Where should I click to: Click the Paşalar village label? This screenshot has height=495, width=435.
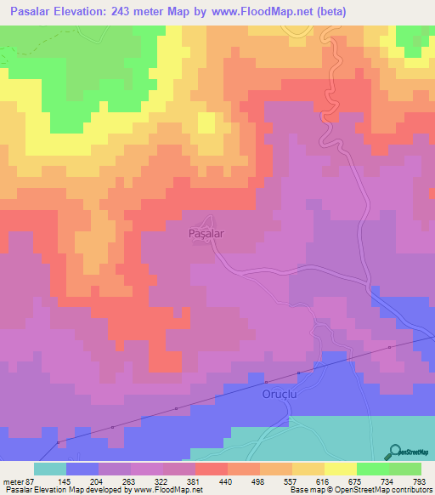pyautogui.click(x=206, y=230)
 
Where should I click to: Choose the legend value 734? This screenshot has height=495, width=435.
pyautogui.click(x=389, y=481)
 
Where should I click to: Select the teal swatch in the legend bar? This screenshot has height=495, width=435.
pyautogui.click(x=50, y=469)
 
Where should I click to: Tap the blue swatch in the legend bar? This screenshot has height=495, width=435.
pyautogui.click(x=82, y=469)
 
